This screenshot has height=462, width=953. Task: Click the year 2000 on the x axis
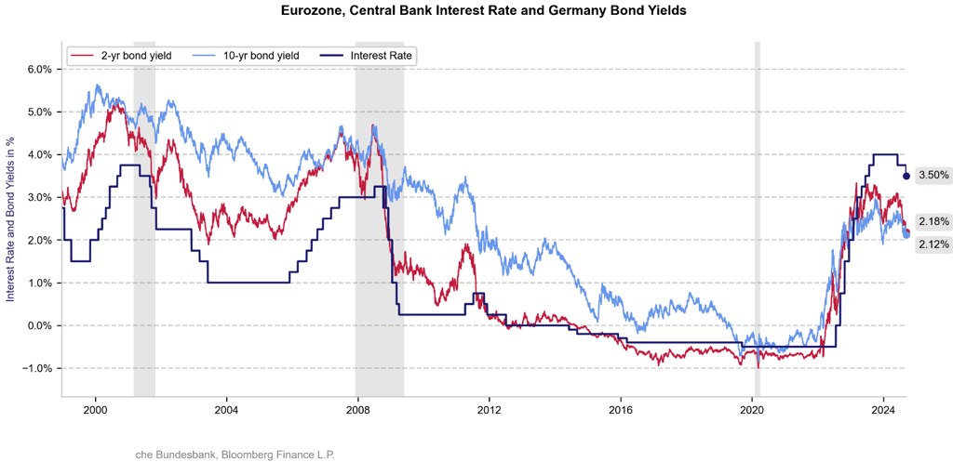(x=95, y=410)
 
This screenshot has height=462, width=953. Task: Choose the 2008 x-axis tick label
(x=358, y=410)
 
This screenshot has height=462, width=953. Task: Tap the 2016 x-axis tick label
(x=621, y=410)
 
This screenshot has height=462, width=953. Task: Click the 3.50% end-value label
(x=933, y=175)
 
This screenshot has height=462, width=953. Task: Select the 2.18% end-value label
(x=933, y=222)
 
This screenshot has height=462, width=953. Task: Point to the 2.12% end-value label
(x=933, y=244)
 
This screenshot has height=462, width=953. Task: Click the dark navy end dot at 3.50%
(x=906, y=176)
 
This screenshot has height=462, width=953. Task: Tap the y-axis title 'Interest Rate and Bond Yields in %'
(x=11, y=218)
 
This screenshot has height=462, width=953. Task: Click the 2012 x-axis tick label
(x=490, y=410)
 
